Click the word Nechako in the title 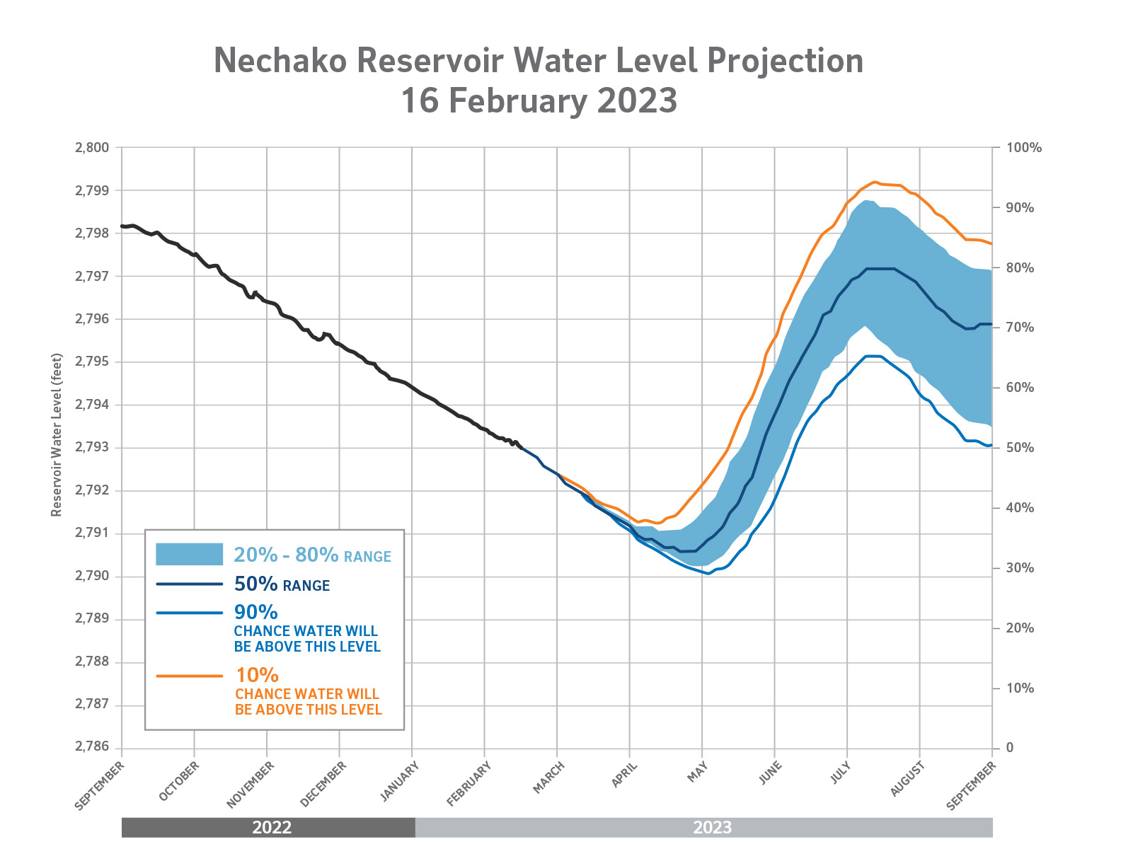(x=280, y=60)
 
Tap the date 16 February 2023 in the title (x=539, y=100)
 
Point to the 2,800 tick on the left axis (x=92, y=148)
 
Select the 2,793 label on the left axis (x=92, y=447)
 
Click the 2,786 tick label (x=92, y=746)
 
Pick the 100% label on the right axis (x=1023, y=148)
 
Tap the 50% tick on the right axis (x=1020, y=448)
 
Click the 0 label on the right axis (x=1010, y=747)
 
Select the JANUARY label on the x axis (x=399, y=782)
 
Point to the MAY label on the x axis (x=697, y=772)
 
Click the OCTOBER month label (x=178, y=781)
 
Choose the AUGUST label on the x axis (x=908, y=779)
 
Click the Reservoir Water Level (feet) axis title (x=56, y=435)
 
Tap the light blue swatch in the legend (x=190, y=554)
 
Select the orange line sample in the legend (x=190, y=676)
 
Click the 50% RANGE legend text (x=282, y=584)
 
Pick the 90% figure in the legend (x=256, y=612)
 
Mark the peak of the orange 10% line (x=874, y=182)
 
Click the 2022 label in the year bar (x=272, y=827)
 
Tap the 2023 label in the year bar (x=713, y=827)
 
